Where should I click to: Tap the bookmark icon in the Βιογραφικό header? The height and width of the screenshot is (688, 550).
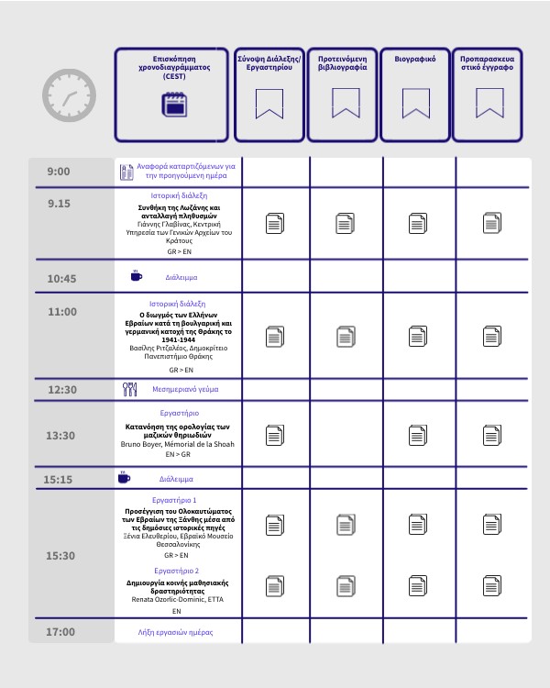pyautogui.click(x=416, y=103)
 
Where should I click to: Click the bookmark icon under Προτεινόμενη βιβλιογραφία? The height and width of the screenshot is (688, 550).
pyautogui.click(x=344, y=103)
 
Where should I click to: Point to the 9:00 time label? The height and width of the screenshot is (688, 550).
pyautogui.click(x=59, y=172)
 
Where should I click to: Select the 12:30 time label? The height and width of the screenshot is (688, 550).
pyautogui.click(x=61, y=390)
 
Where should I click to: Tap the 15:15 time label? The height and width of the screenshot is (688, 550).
pyautogui.click(x=58, y=479)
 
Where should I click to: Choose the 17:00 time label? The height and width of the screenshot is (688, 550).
pyautogui.click(x=60, y=632)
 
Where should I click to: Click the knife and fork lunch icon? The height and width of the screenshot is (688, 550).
pyautogui.click(x=130, y=389)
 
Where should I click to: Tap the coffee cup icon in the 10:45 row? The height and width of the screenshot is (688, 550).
pyautogui.click(x=136, y=275)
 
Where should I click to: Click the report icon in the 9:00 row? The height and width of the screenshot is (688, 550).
pyautogui.click(x=127, y=172)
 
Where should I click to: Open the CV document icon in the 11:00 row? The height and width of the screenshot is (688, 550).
pyautogui.click(x=416, y=337)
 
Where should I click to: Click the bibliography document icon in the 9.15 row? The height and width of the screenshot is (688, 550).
pyautogui.click(x=345, y=223)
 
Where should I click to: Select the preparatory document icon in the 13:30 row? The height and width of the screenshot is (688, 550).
pyautogui.click(x=491, y=435)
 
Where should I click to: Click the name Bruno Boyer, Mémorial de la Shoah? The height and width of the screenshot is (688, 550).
pyautogui.click(x=177, y=444)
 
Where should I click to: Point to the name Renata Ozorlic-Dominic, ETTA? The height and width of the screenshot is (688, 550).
pyautogui.click(x=177, y=599)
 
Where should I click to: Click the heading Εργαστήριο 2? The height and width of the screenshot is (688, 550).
pyautogui.click(x=177, y=571)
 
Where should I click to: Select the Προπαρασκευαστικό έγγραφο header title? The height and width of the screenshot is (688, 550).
pyautogui.click(x=488, y=62)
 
